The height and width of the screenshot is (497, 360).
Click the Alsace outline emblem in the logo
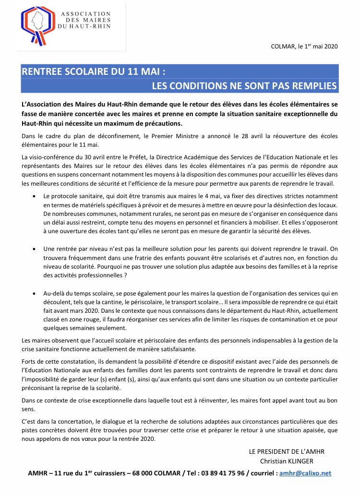click(36, 25)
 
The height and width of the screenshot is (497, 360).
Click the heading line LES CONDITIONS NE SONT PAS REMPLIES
click(244, 86)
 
